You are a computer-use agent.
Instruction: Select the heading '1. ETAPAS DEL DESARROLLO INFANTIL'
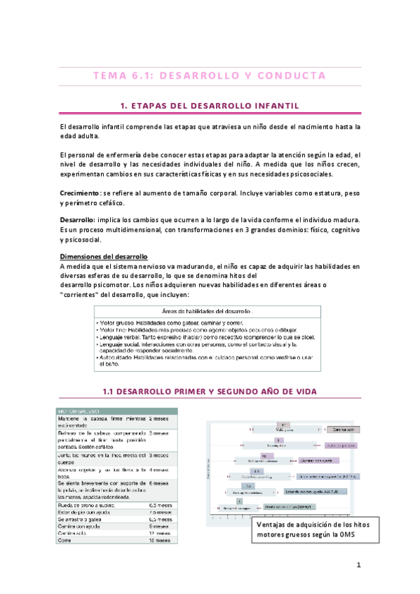(210, 105)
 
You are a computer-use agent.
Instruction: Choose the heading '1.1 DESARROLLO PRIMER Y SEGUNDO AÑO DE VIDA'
(210, 390)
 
